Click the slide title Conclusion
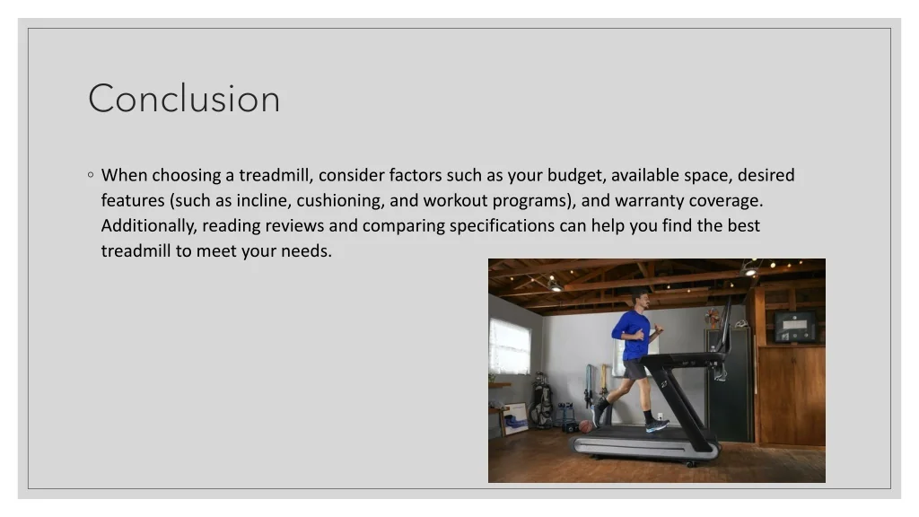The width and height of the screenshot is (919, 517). (184, 99)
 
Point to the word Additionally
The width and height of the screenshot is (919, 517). (148, 225)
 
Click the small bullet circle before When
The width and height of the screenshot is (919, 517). (92, 175)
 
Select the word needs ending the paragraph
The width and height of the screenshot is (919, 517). (306, 251)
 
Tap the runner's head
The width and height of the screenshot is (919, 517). (640, 300)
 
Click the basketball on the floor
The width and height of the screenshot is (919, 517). (585, 426)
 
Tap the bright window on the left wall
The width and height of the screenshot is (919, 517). (510, 346)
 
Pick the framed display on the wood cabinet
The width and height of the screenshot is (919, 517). (795, 326)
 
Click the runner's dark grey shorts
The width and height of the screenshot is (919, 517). (635, 368)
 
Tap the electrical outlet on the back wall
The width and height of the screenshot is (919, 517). (660, 416)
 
